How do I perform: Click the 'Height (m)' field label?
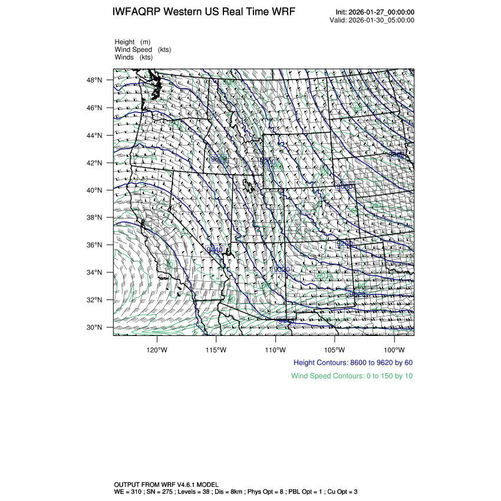pyautogui.click(x=133, y=42)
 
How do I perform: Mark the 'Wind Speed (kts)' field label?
pyautogui.click(x=143, y=50)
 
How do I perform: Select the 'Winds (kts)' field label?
pyautogui.click(x=134, y=57)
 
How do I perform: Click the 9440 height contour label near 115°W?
pyautogui.click(x=215, y=250)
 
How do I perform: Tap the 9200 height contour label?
pyautogui.click(x=345, y=243)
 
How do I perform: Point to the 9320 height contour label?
pyautogui.click(x=283, y=269)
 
